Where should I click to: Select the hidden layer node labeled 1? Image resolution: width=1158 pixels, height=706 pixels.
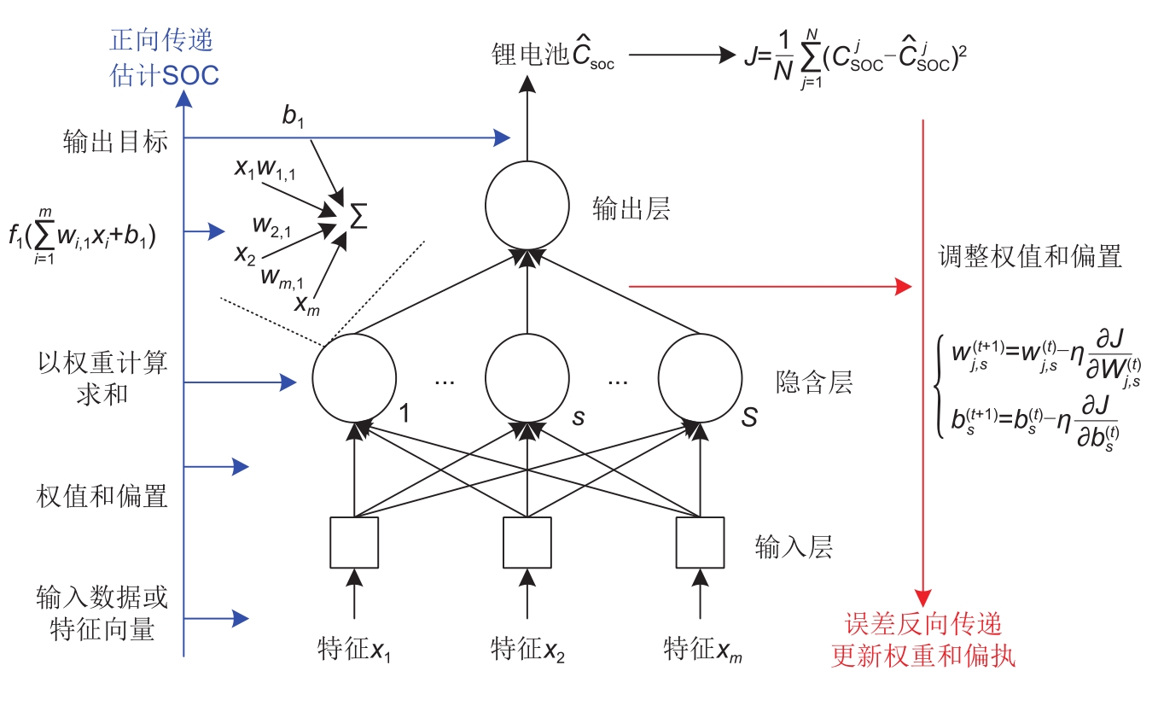354,376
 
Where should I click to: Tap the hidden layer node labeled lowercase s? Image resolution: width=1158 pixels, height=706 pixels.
527,376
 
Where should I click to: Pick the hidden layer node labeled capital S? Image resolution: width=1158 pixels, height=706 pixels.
700,376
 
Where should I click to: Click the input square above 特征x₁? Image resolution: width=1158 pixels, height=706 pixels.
354,542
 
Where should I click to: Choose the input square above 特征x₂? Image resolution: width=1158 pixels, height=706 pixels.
527,542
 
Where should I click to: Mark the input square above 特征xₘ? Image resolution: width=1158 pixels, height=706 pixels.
700,542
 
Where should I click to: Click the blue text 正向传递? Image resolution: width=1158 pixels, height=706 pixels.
161,40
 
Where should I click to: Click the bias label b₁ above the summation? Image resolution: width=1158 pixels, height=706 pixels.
293,119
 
